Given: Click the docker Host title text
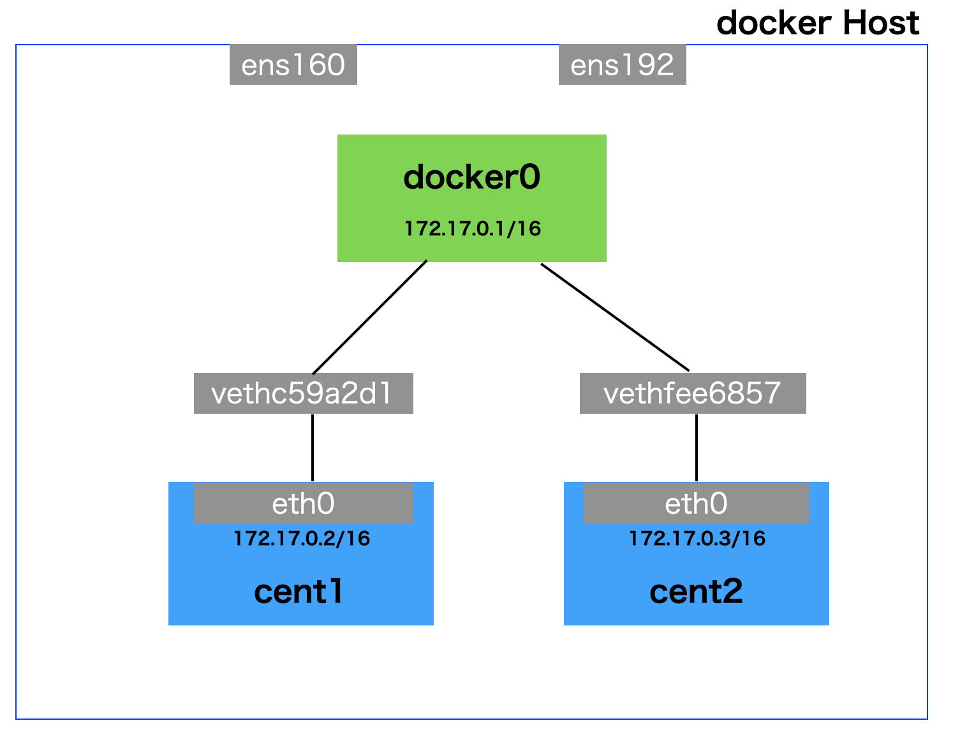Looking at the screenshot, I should click(817, 24).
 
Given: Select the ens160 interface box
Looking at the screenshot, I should click(293, 64).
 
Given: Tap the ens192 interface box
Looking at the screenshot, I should click(622, 64).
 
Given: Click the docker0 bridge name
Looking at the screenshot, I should click(471, 177).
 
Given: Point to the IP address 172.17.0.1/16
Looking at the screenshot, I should click(473, 228).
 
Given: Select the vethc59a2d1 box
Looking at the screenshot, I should click(303, 393).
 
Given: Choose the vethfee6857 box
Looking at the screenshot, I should click(692, 393).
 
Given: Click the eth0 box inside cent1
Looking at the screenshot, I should click(303, 504).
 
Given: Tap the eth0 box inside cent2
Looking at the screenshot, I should click(696, 504).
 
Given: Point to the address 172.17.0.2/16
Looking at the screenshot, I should click(302, 539).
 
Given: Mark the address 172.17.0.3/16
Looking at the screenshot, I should click(697, 539).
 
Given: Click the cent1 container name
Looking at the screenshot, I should click(299, 592).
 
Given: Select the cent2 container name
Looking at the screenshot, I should click(696, 592).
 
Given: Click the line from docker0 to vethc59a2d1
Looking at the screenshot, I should click(370, 317).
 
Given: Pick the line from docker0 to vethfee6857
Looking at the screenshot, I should click(615, 317).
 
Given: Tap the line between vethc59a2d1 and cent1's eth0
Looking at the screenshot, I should click(313, 448).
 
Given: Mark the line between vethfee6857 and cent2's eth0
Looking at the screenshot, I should click(696, 448).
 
